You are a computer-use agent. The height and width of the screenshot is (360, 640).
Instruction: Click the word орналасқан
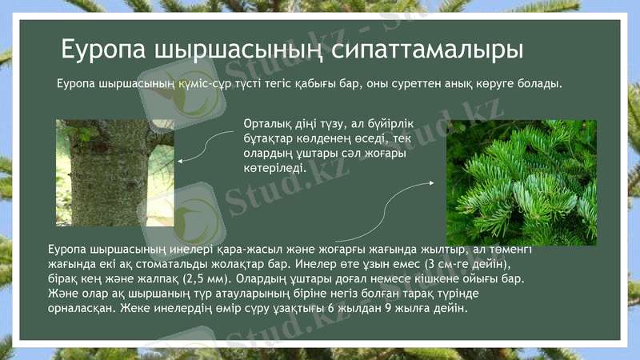pos(81,307)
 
